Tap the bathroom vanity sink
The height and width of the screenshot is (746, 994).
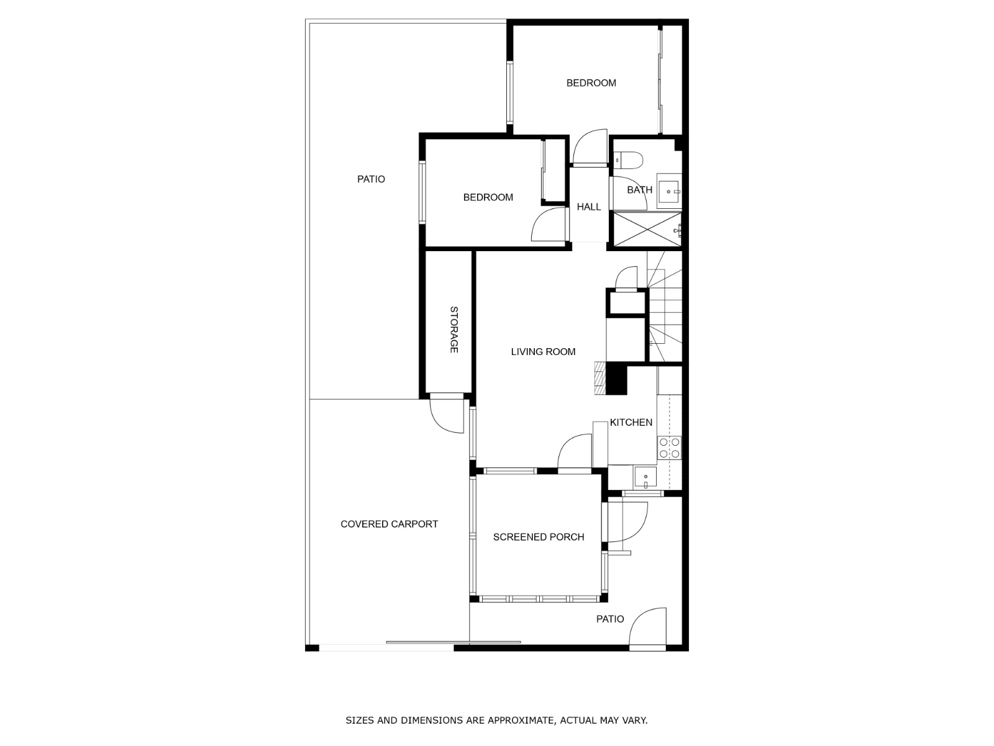coord(669,191)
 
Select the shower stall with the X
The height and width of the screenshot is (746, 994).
coord(647,229)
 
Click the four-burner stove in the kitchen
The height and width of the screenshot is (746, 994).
coord(669,448)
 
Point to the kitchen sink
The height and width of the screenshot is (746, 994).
coord(645,477)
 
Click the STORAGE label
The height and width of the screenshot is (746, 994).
coord(454,329)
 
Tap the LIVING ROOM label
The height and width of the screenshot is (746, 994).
coord(543,351)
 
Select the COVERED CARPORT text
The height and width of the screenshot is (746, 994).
coord(389,524)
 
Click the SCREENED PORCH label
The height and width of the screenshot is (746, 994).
coord(539,536)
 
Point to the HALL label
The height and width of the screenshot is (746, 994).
coord(589,207)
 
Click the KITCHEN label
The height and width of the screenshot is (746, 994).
coord(631,422)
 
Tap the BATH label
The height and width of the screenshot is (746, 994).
coord(639,190)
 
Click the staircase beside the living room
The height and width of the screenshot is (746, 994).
coord(665,306)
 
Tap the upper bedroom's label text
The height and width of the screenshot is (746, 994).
coord(591,83)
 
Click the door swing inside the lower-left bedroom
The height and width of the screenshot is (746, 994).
coord(549,224)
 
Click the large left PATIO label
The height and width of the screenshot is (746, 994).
coord(371,180)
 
